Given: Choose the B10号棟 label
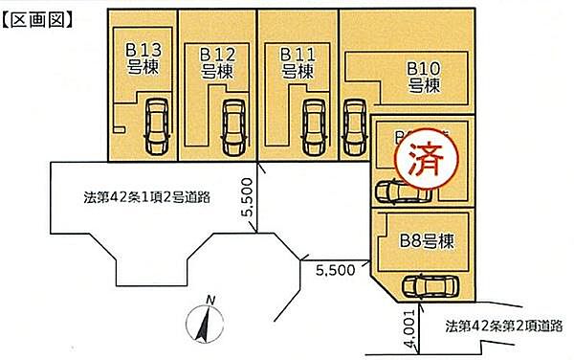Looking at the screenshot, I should tap(423, 76).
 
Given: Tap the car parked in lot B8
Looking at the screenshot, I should tap(430, 286).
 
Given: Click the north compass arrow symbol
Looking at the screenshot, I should tap(203, 325).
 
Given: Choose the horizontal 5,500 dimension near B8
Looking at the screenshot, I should tap(335, 270).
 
